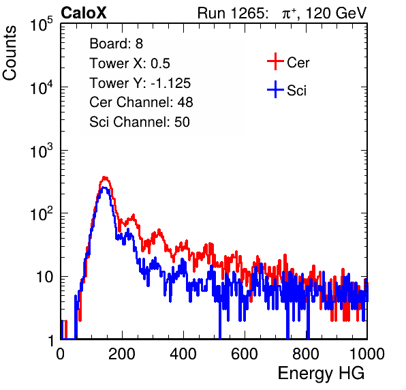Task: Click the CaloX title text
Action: [x=83, y=13]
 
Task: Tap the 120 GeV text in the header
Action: [x=337, y=13]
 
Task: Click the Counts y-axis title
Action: [x=10, y=53]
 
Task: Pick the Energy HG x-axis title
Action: [x=321, y=374]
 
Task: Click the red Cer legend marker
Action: [x=275, y=61]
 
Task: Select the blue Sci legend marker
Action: [x=275, y=89]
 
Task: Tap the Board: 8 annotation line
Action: [x=116, y=44]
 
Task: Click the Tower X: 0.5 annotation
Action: [x=129, y=63]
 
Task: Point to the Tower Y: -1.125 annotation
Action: [x=140, y=83]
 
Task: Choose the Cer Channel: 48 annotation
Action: [x=141, y=102]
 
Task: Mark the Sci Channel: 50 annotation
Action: [x=140, y=122]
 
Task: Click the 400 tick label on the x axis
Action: [x=183, y=354]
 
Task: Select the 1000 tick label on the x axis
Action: [x=367, y=354]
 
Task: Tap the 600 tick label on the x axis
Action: [x=245, y=354]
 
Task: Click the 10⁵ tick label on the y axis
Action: [x=42, y=25]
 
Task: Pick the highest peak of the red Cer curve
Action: [x=105, y=178]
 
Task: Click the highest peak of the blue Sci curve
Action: [x=104, y=187]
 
